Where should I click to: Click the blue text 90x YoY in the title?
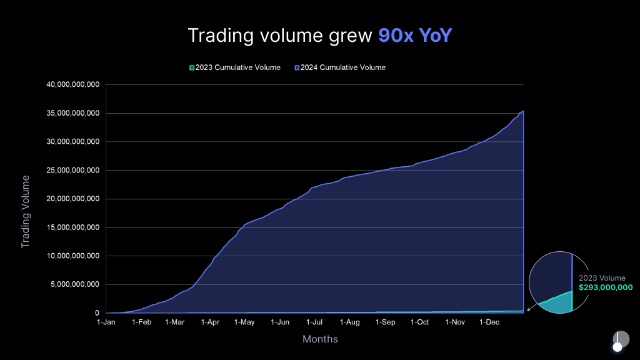[414, 35]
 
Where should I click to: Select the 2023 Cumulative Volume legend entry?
[235, 67]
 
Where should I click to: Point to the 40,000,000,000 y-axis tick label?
[74, 85]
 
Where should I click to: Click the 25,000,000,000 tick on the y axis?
[74, 171]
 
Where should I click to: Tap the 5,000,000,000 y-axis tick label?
[76, 284]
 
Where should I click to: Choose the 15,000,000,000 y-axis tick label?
[74, 227]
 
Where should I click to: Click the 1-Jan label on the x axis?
[106, 322]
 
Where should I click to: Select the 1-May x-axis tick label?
[244, 322]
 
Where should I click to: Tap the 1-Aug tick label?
[350, 322]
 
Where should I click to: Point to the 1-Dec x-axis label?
[489, 322]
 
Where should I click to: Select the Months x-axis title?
[320, 339]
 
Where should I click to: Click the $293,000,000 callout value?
[606, 288]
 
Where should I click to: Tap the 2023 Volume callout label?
[602, 278]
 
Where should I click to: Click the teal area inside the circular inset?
[560, 302]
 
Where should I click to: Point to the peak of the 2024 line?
[522, 111]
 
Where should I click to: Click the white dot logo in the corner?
[617, 347]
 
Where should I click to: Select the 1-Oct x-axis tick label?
[420, 322]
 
